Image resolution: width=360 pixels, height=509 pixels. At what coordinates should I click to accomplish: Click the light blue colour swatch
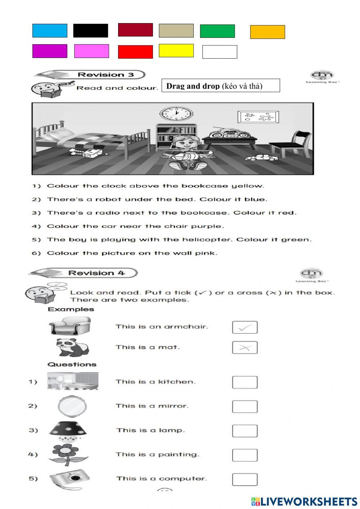pos(50,31)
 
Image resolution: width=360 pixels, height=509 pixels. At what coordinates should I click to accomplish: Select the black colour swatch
pos(90,31)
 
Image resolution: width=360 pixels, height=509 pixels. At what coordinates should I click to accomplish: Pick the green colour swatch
pos(217,31)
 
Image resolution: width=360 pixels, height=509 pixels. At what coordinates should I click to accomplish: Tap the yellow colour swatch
pos(176,50)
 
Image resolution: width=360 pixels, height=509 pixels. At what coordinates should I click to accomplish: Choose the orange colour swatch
pos(267,32)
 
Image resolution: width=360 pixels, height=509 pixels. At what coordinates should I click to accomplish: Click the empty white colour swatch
pos(220,52)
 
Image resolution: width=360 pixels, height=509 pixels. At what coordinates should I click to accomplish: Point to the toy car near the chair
pos(260,157)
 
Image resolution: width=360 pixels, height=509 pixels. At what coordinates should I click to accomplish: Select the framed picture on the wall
pos(258,117)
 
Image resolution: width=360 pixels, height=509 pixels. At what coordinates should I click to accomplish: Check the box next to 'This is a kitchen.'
pos(245,382)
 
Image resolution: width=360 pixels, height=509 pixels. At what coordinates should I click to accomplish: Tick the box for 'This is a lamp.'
pos(245,431)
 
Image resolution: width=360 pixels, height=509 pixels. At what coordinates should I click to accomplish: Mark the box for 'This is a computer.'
pos(245,479)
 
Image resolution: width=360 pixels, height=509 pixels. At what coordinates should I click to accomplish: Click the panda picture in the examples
pos(72,347)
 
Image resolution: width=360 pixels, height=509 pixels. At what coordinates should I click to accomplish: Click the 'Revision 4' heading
pos(96,273)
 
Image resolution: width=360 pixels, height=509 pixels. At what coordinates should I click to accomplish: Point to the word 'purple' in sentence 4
pos(207,226)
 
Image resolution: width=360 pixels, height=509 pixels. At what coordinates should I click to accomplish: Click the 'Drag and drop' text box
pos(221,86)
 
